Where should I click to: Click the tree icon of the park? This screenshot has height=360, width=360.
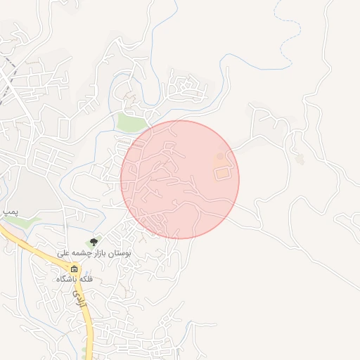94,243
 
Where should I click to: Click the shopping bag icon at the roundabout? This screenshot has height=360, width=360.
75,269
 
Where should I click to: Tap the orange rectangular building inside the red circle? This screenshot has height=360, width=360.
222,172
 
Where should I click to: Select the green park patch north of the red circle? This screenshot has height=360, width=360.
131,123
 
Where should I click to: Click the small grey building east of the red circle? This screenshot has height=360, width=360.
300,159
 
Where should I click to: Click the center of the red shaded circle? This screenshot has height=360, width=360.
180,179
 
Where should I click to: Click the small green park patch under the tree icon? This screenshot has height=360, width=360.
91,247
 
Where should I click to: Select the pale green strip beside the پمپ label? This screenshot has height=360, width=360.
21,221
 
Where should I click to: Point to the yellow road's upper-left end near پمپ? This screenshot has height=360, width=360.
4,229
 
